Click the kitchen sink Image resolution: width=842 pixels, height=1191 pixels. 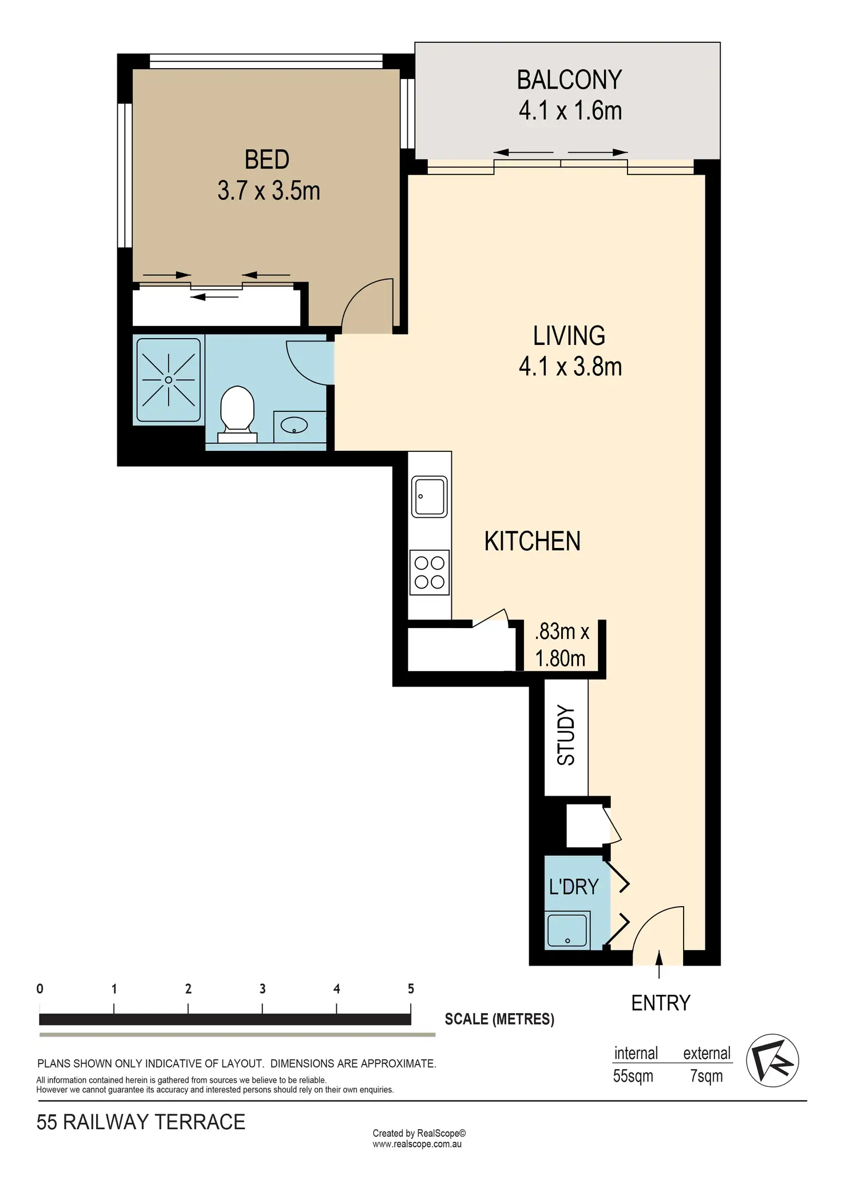point(430,497)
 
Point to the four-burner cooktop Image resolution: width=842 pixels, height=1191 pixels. point(430,573)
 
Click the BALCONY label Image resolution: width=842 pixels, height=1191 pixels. point(569,80)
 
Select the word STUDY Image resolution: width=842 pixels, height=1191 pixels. point(566,736)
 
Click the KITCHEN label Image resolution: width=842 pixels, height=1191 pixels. point(533,541)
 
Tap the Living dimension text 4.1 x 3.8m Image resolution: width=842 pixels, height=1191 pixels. point(570,367)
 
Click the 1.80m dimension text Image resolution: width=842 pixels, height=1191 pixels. point(560,658)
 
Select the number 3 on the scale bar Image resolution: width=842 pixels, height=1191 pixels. point(263,988)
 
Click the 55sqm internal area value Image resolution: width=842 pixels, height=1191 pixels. point(633,1076)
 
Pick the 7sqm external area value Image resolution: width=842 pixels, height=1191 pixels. point(706,1076)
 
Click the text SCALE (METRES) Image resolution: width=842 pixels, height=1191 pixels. point(499,1019)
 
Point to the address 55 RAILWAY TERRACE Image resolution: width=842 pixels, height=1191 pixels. point(141,1122)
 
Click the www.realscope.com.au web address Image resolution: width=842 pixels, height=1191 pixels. point(417,1145)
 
